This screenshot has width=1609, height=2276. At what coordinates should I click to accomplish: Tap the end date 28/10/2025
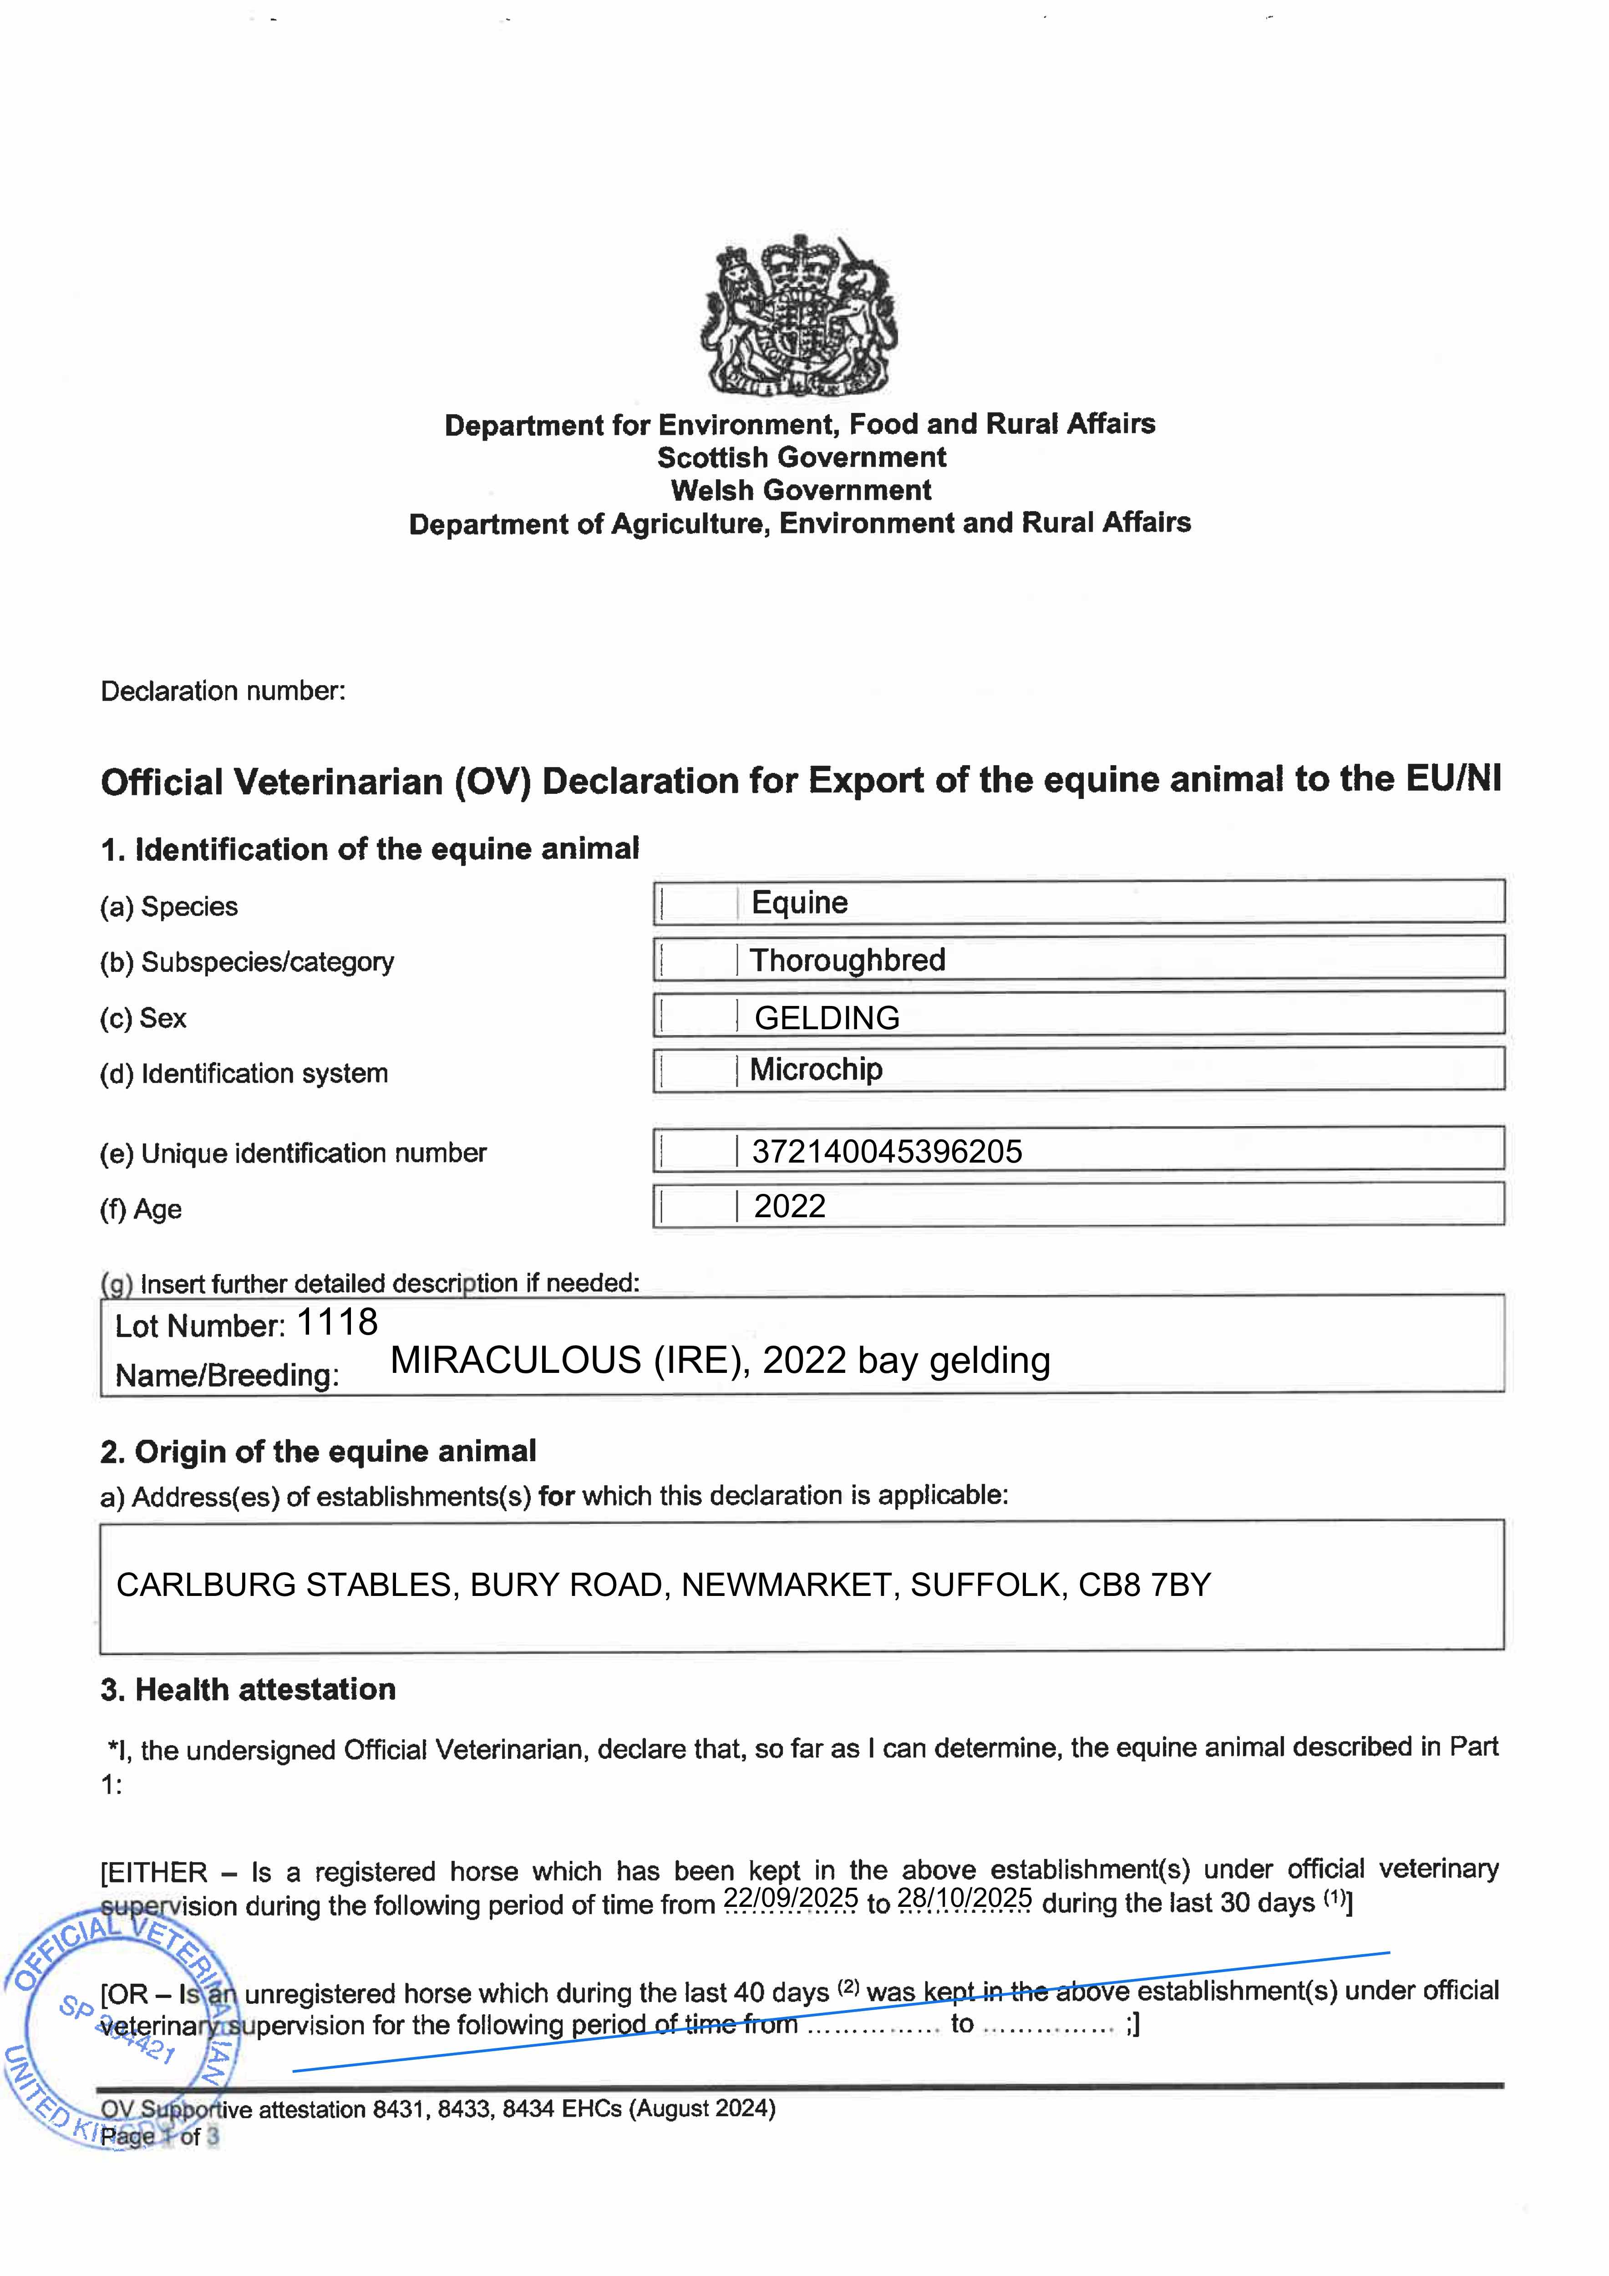(x=964, y=1898)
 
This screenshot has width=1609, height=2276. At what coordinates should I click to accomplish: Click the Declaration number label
(x=223, y=691)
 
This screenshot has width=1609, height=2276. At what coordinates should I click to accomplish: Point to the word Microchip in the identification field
(x=816, y=1070)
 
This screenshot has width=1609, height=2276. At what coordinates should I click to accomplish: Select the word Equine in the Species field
(x=799, y=903)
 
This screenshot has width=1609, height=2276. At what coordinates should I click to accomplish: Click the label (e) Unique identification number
(x=294, y=1153)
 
